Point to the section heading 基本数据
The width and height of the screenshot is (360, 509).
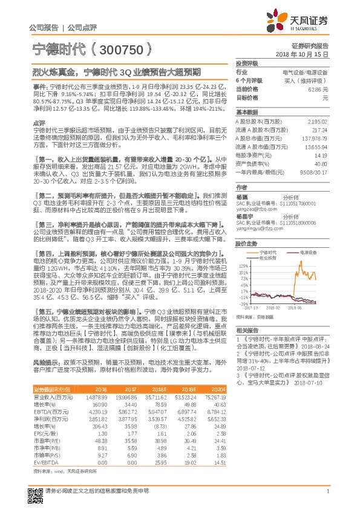[247, 113]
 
